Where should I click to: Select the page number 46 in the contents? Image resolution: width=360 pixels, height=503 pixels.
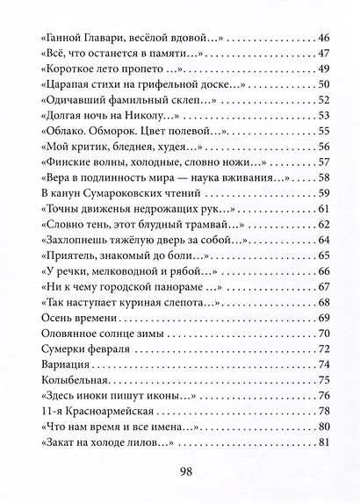[320, 39]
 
